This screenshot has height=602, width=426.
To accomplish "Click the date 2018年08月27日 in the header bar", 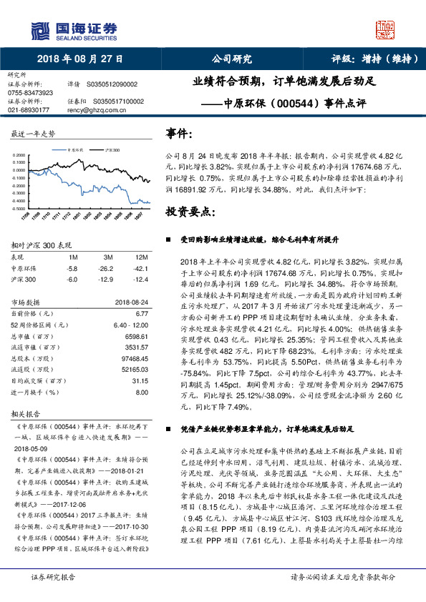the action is pos(79,59).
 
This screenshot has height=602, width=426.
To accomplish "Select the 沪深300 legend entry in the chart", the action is pos(112,151).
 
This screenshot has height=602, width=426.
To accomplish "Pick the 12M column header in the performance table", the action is pos(142,257).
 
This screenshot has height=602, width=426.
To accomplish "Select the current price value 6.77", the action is pos(141,312).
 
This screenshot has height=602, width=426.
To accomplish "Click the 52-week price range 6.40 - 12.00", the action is pos(131,324).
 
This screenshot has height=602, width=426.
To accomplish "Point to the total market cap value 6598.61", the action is pos(136,335).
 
